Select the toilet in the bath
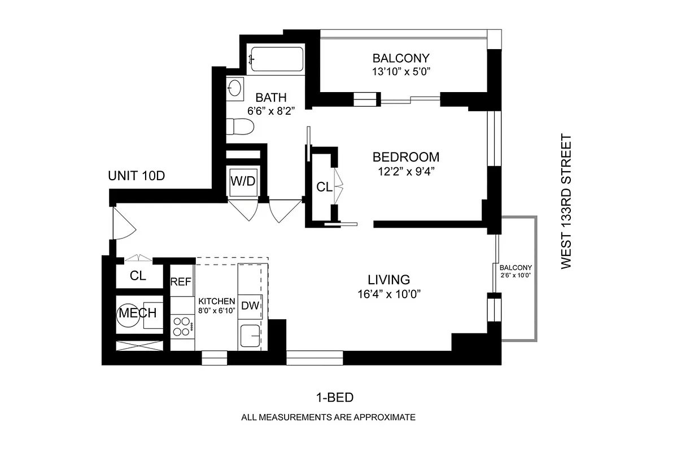(x=239, y=128)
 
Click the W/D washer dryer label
(x=243, y=181)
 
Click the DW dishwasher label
(x=250, y=306)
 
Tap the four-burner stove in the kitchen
(x=182, y=325)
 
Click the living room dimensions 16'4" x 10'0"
(x=388, y=293)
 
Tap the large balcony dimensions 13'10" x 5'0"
(x=401, y=71)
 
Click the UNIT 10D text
(x=136, y=176)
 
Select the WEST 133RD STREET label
(x=566, y=201)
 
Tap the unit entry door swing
(x=123, y=224)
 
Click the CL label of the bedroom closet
(x=324, y=187)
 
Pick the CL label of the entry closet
(x=138, y=276)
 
